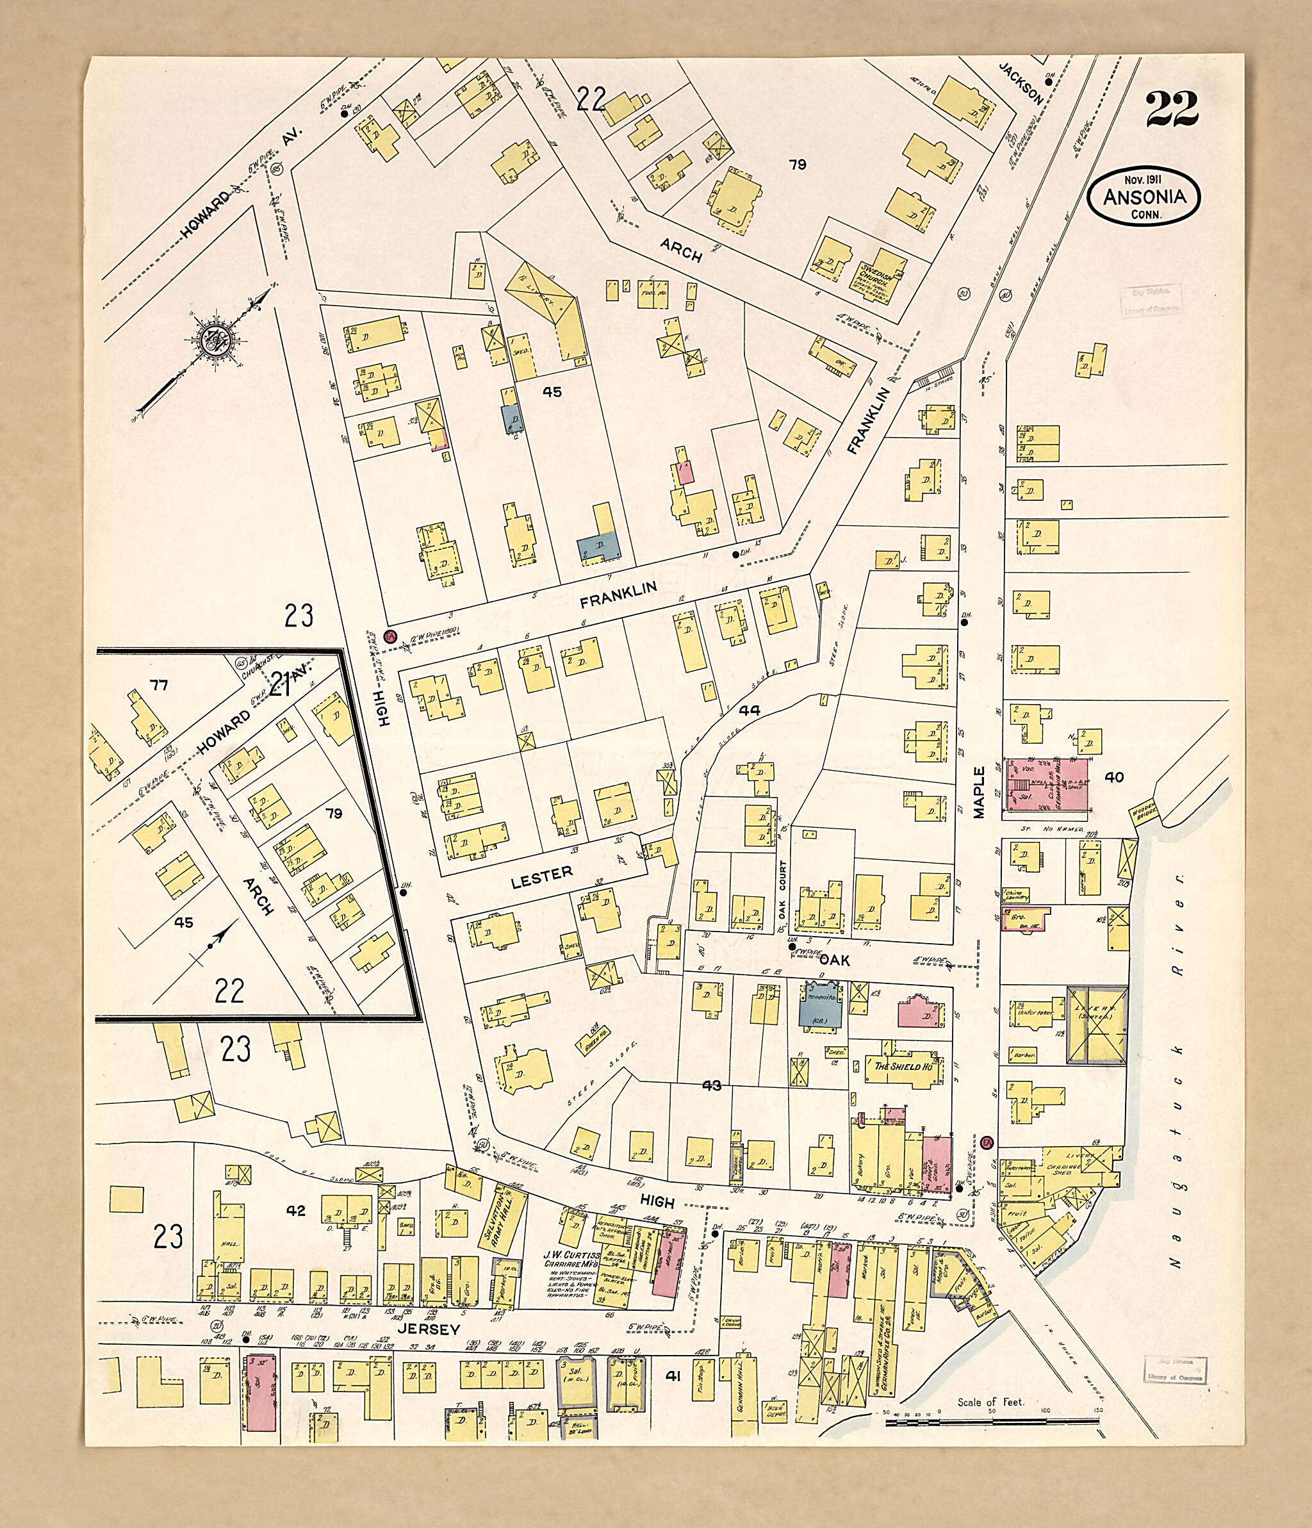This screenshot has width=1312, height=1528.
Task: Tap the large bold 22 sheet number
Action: pos(1172,109)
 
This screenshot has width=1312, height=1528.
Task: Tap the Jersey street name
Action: pos(428,1329)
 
